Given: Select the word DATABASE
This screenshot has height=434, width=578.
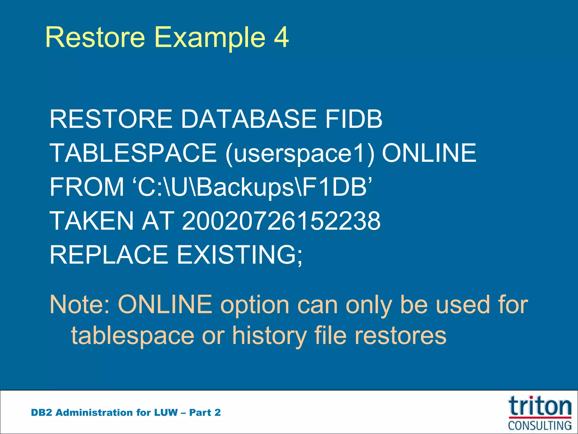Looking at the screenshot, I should (248, 119).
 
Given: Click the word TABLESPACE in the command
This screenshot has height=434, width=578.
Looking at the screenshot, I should (133, 153).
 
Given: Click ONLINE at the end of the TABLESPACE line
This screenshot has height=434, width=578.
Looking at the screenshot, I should (429, 153).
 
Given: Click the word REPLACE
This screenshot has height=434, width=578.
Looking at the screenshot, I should (109, 255).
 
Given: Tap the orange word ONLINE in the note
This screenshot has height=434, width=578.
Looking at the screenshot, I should (165, 304).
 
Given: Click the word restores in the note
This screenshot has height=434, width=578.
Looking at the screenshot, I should (400, 336).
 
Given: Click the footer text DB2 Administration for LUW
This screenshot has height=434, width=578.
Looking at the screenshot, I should (104, 413).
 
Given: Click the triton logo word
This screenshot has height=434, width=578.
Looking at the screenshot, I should (540, 406).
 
